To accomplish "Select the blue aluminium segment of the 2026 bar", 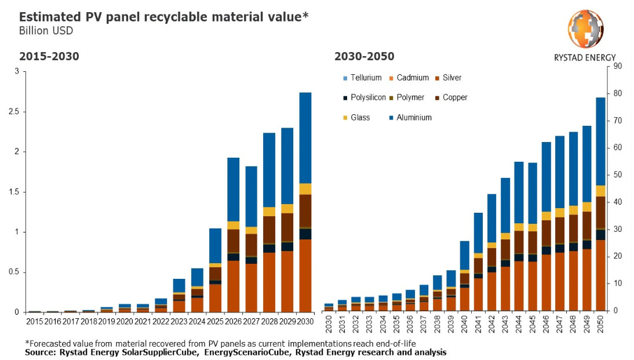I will click(x=233, y=189).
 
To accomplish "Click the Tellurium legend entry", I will click(x=366, y=78).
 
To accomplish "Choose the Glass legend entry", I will click(x=359, y=118).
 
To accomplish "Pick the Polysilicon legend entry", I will click(x=368, y=97).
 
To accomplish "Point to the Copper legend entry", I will click(x=454, y=97).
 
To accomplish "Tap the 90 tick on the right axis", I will click(x=617, y=67).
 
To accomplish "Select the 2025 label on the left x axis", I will click(x=215, y=320).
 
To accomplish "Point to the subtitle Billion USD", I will click(x=46, y=31).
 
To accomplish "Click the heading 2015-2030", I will click(x=49, y=56).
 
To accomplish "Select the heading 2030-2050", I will click(x=364, y=56).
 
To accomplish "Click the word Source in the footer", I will click(x=39, y=352).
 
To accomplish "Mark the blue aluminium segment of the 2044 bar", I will click(x=519, y=192).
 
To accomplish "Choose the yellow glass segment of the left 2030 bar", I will click(x=305, y=189).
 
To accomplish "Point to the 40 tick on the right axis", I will click(x=617, y=202).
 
